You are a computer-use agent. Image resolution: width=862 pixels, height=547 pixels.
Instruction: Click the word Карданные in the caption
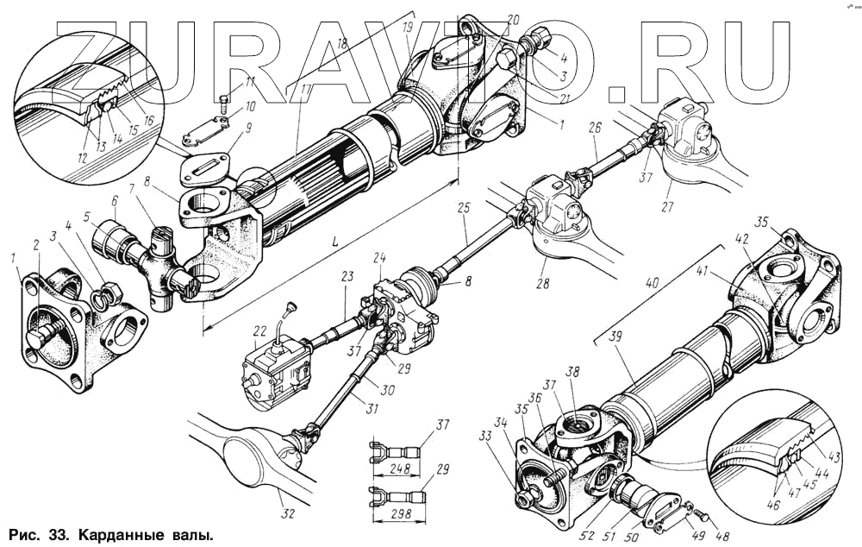[x=118, y=536]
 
